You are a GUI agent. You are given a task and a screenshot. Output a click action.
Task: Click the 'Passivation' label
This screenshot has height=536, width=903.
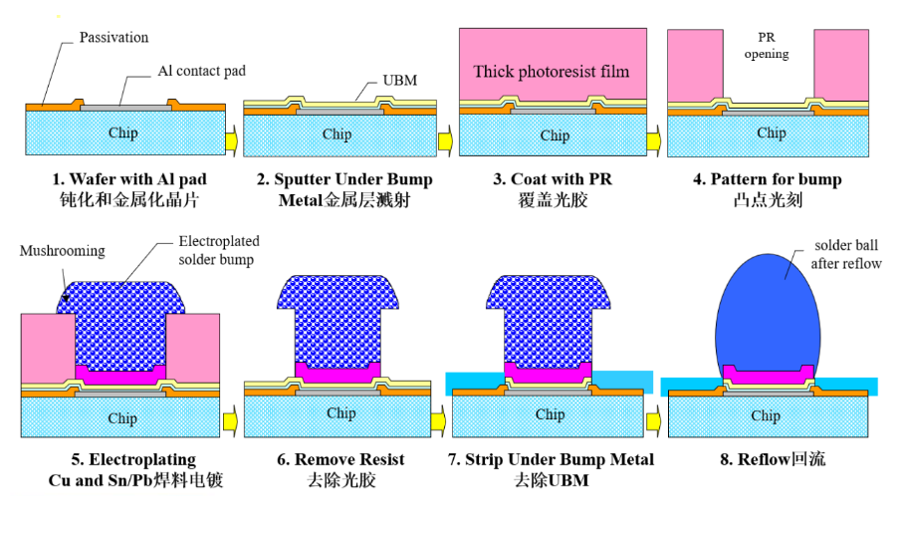113,38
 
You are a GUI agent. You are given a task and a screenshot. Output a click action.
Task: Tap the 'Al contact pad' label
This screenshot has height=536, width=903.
201,72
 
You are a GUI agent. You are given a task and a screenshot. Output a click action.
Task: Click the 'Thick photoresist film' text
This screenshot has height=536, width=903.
551,71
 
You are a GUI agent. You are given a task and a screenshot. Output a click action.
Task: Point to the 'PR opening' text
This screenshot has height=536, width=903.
766,46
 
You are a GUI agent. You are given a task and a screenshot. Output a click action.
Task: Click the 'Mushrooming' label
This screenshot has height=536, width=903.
62,251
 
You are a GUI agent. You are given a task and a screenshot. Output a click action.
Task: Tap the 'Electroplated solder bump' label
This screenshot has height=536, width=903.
216,250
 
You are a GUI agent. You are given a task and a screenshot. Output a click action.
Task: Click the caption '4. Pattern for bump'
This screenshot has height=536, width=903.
767,179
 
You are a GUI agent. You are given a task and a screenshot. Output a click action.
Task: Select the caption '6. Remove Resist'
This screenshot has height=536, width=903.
340,459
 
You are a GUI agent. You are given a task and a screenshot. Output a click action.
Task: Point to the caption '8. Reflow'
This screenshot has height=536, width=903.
767,459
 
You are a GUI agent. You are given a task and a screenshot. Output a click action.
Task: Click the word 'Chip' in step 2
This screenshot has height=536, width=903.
338,134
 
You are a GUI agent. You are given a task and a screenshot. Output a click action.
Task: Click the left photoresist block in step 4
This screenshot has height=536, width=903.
695,66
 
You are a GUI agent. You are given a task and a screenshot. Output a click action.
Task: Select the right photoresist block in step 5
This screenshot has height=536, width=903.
193,347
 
